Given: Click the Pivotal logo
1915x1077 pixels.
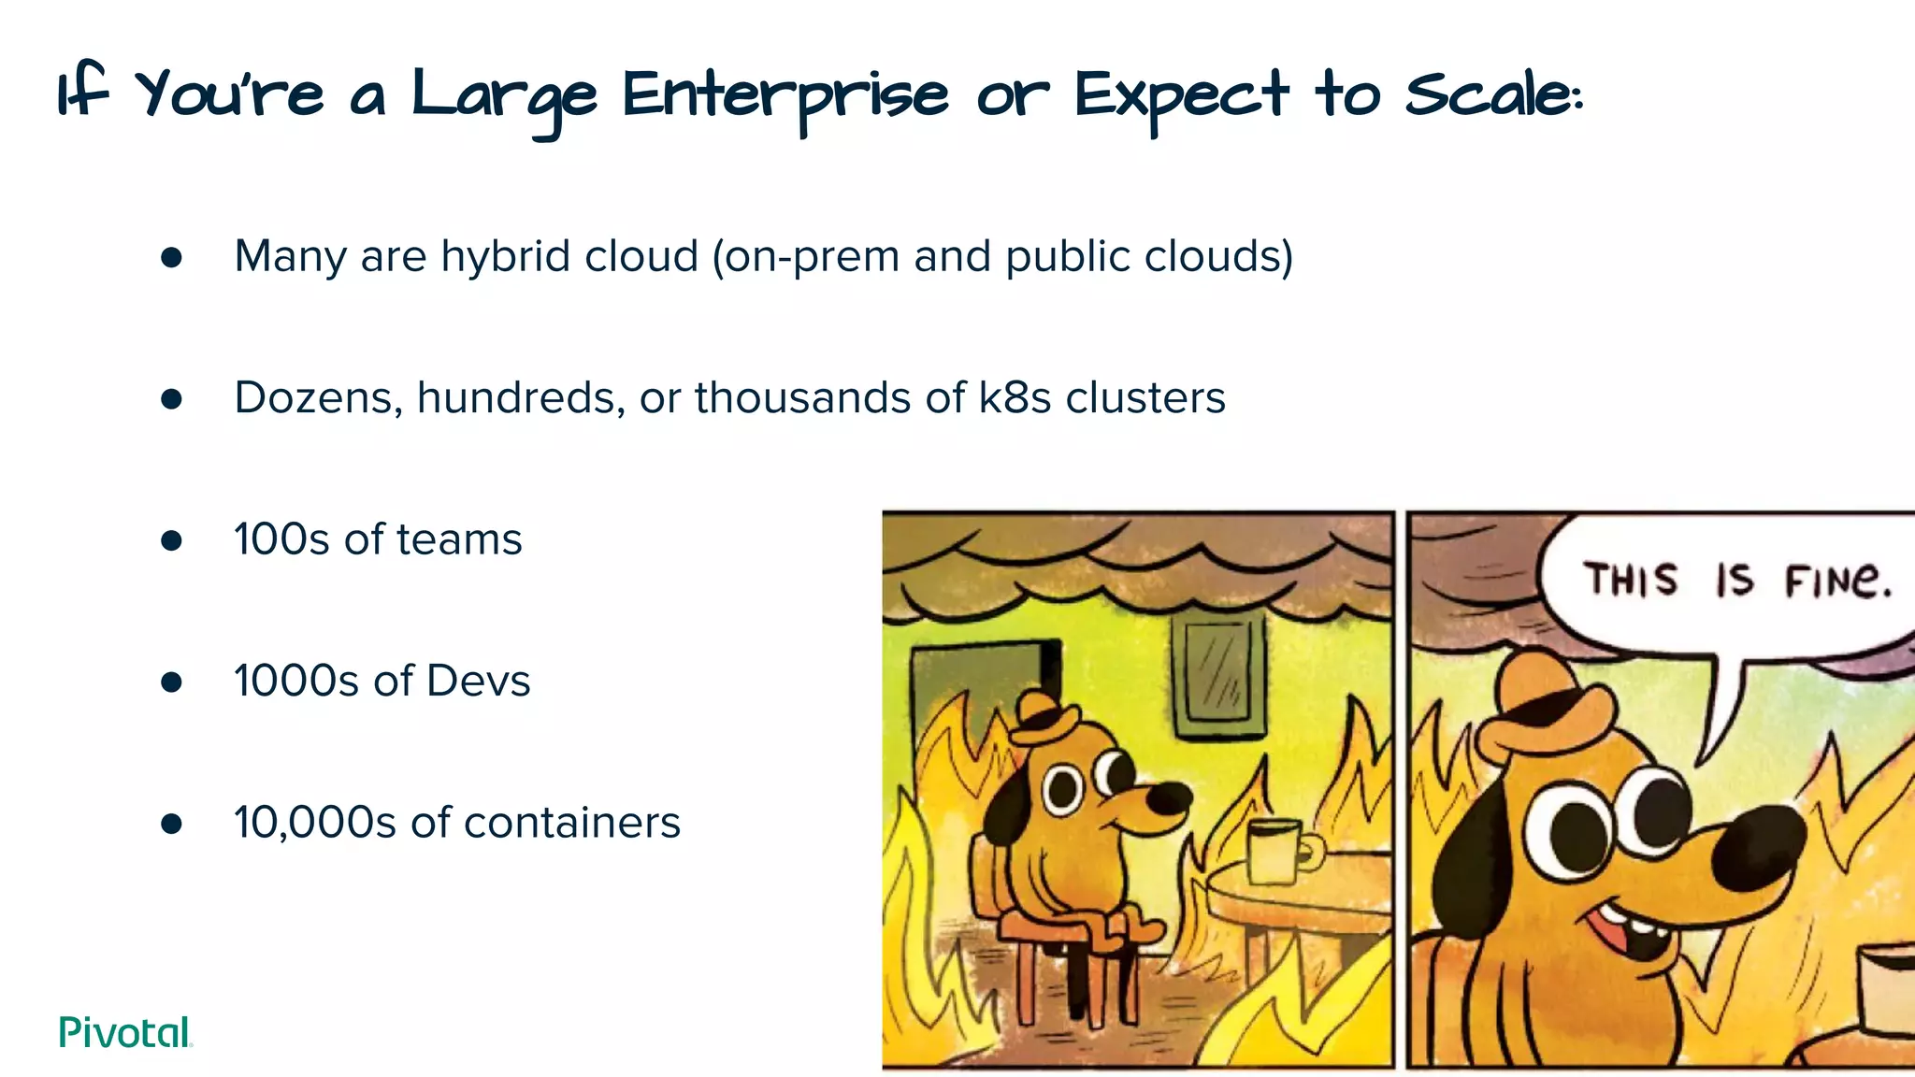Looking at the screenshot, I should click(x=125, y=1032).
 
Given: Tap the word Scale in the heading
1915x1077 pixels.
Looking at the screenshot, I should click(x=1492, y=95).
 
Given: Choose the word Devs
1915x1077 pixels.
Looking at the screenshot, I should click(x=478, y=682).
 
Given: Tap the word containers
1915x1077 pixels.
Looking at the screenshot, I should click(x=571, y=824).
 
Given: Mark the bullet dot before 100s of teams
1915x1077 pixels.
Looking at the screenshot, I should click(x=171, y=540).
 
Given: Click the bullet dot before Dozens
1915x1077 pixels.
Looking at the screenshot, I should click(x=171, y=399).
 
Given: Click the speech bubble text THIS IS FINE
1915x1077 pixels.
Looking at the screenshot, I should click(x=1737, y=580).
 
